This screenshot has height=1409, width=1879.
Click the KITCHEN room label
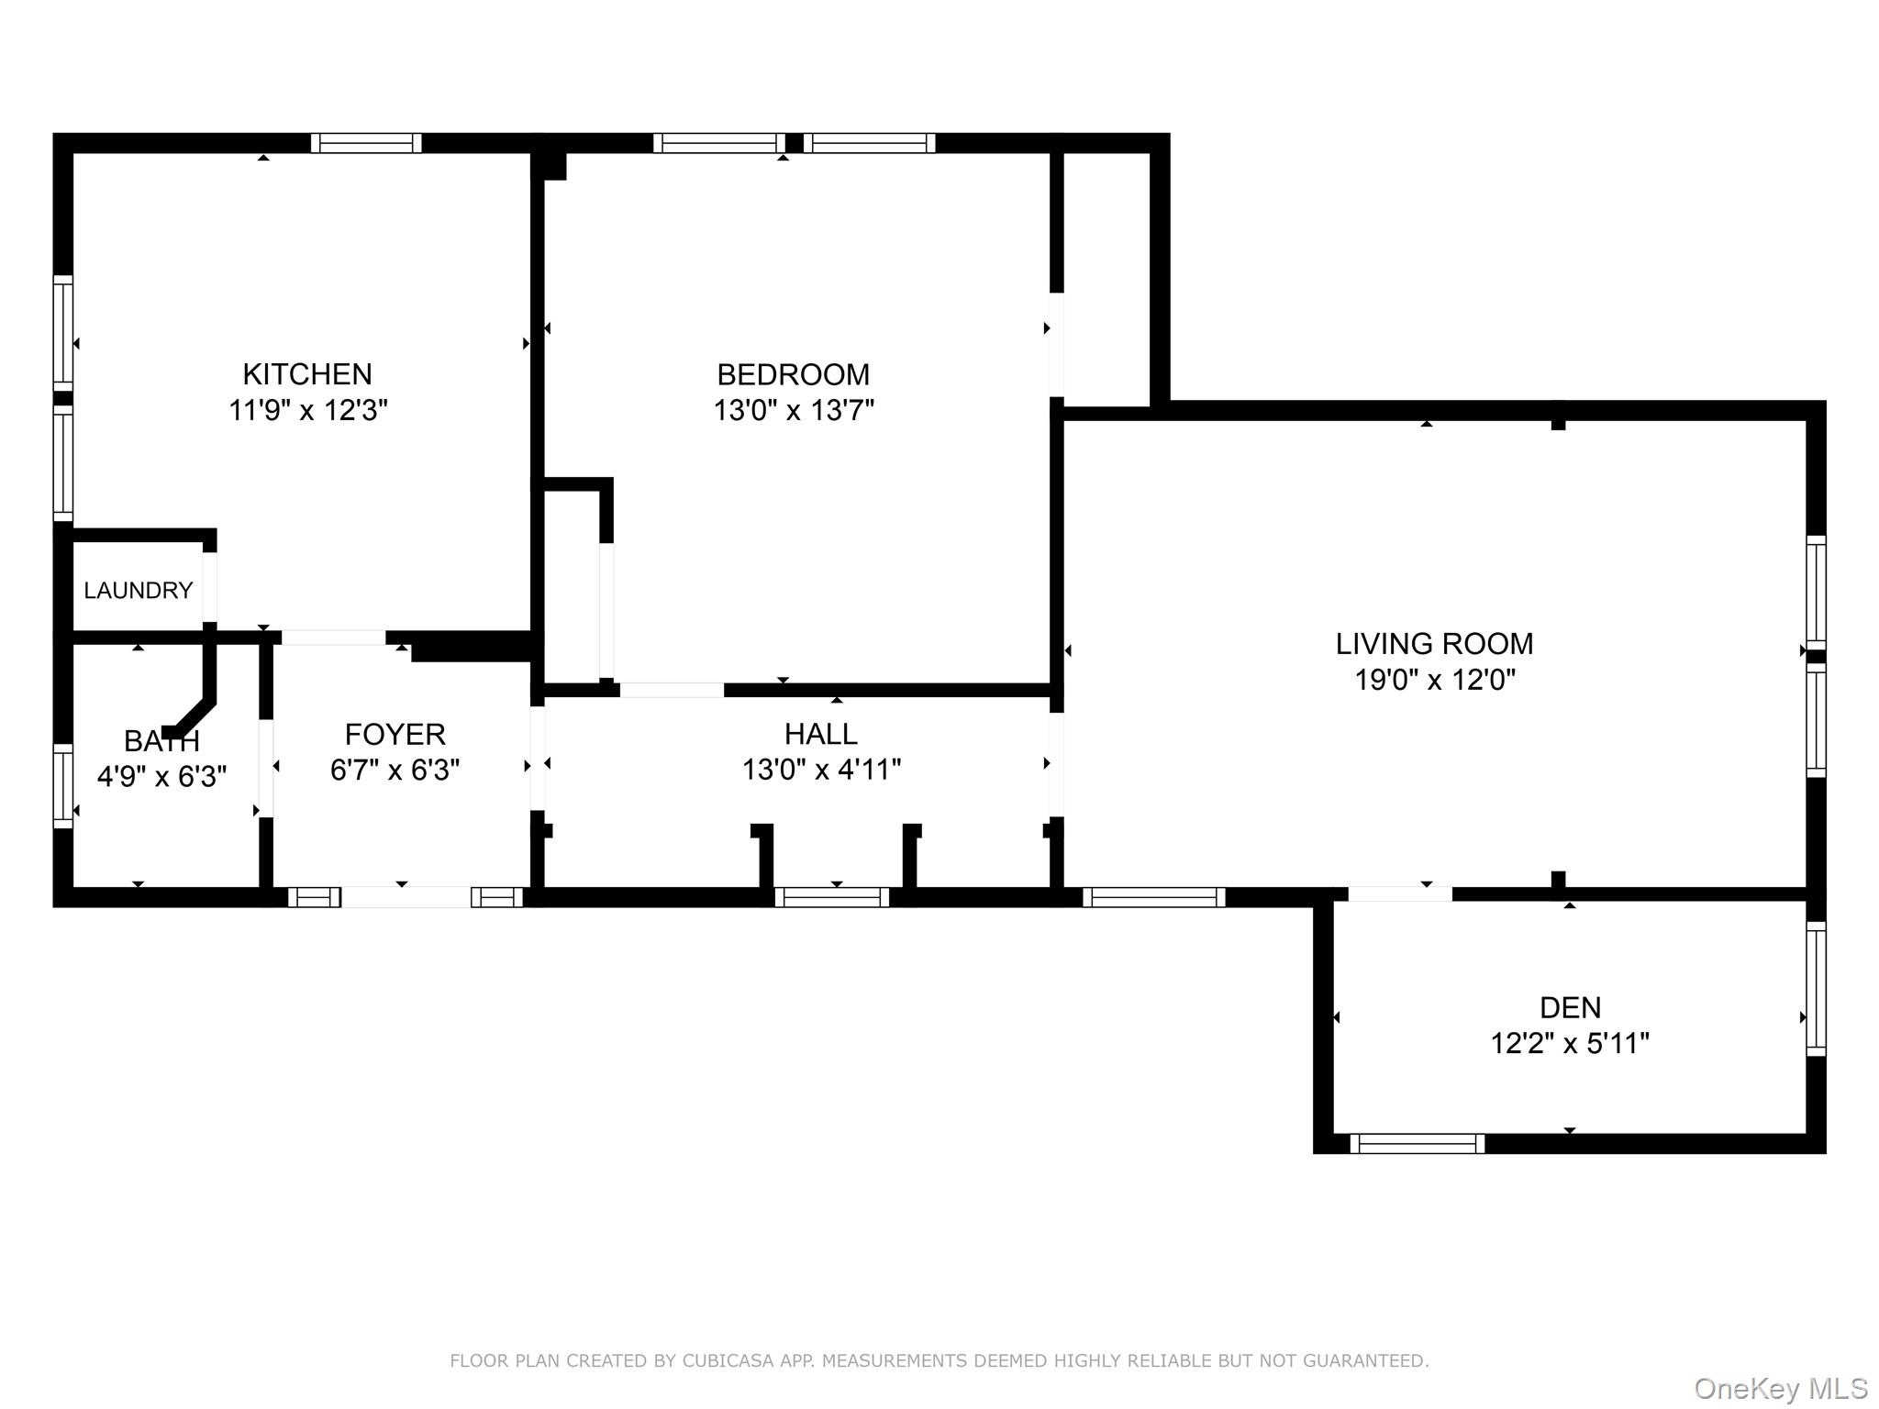coord(306,374)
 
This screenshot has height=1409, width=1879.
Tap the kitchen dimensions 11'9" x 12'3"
coord(307,410)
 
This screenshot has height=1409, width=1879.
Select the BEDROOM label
coord(793,374)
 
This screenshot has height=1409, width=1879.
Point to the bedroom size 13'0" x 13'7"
coord(794,410)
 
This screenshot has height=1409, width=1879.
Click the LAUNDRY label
coord(139,591)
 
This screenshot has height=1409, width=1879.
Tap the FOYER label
coord(395,734)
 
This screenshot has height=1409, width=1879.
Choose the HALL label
coord(820,734)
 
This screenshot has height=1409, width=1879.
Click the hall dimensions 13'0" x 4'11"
coord(821,770)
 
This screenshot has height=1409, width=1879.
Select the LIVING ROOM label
coord(1434,644)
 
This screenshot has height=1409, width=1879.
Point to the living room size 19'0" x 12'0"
coord(1435,680)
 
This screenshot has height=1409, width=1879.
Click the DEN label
coord(1570,1007)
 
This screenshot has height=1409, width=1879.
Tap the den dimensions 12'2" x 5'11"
coord(1570,1043)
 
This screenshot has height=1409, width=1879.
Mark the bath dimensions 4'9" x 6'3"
coord(161,776)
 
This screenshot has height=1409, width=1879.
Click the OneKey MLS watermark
coord(1781,1389)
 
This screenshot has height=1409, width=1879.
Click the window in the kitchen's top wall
coord(366,143)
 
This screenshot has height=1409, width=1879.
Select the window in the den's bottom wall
coord(1417,1144)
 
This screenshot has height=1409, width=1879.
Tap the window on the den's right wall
coord(1816,989)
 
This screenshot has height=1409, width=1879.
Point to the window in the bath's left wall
coord(62,785)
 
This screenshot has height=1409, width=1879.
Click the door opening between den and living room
coord(1399,893)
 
